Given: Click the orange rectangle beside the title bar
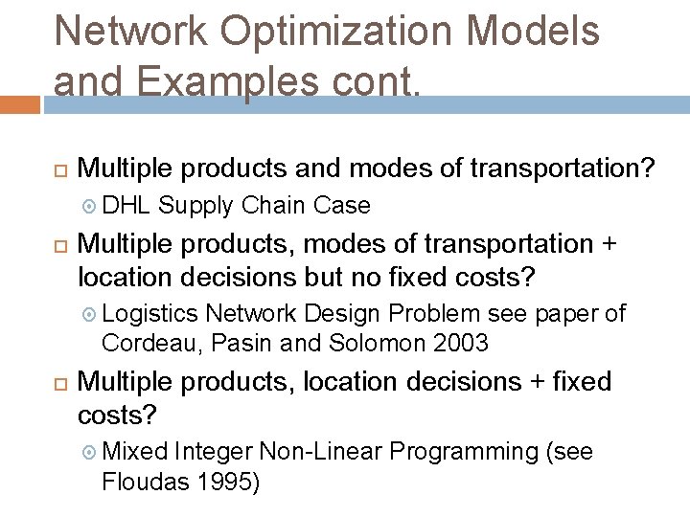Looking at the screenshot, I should coord(19,103).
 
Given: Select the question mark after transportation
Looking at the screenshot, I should coord(647,169).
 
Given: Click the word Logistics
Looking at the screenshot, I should coord(150,313).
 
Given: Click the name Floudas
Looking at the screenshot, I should coord(143,481).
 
